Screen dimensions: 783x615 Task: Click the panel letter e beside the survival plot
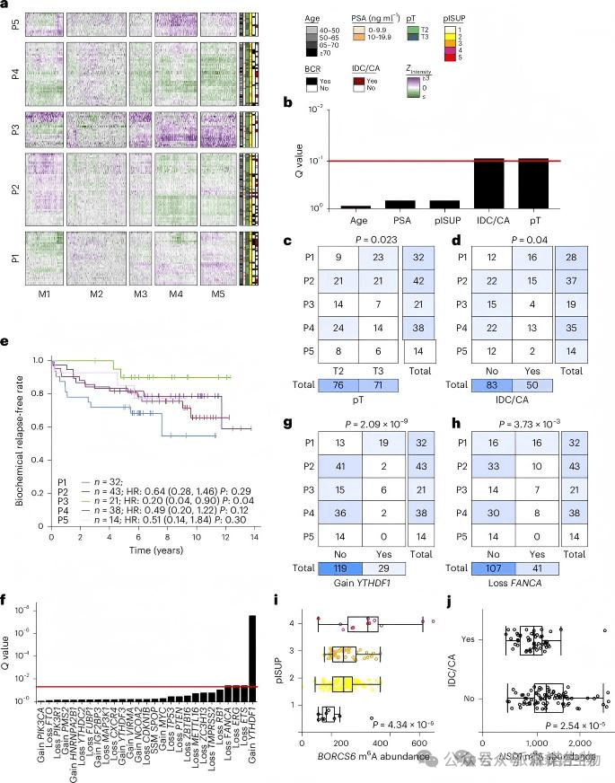(x=6, y=341)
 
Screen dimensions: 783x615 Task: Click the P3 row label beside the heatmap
(x=13, y=129)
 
